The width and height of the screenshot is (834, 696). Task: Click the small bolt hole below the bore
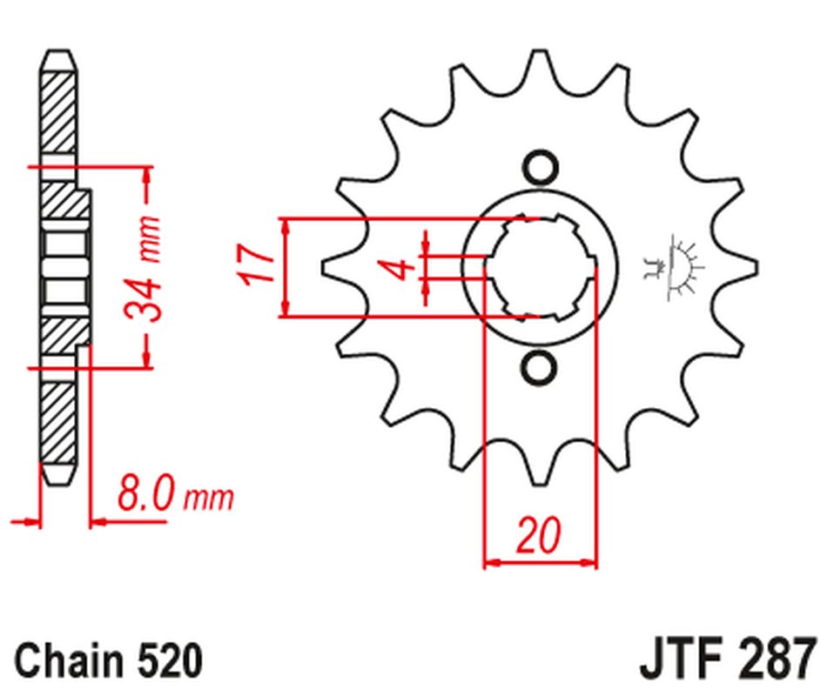click(x=539, y=366)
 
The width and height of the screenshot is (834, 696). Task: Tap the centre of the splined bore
click(x=539, y=267)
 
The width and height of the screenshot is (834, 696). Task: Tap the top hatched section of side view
click(x=57, y=111)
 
